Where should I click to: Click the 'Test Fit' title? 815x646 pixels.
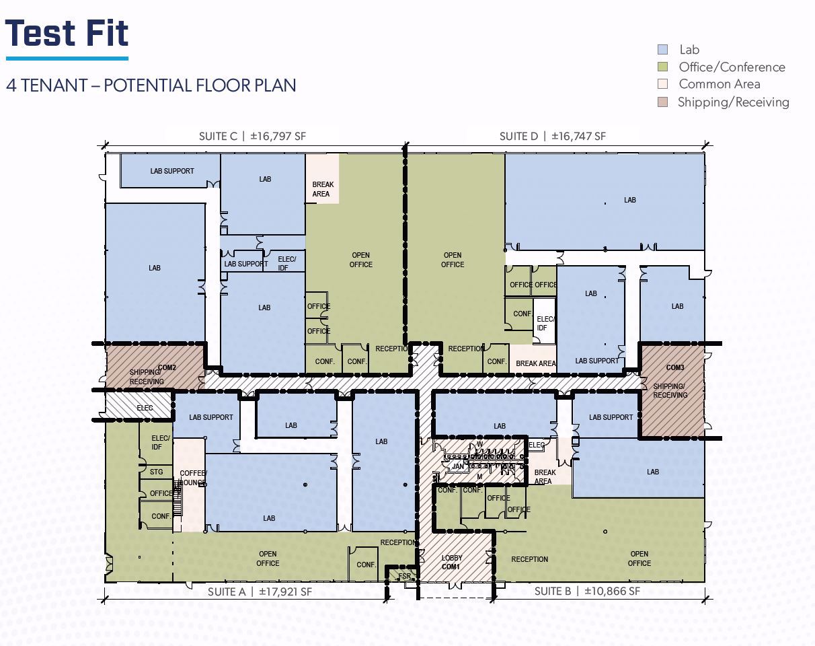(x=67, y=33)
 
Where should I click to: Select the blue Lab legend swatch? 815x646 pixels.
(x=662, y=50)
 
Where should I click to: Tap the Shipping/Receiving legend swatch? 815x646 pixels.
(x=662, y=102)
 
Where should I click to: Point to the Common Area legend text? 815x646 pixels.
(x=720, y=84)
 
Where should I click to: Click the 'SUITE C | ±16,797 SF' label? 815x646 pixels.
(x=252, y=136)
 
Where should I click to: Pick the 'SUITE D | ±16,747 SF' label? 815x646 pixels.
(x=553, y=136)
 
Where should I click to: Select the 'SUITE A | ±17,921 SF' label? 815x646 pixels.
(x=260, y=591)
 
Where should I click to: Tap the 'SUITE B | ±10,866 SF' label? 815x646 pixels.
(x=587, y=591)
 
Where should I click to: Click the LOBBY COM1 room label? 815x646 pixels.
(x=451, y=562)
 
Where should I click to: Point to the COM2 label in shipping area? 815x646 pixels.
(x=167, y=367)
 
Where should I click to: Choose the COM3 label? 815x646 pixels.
(x=675, y=367)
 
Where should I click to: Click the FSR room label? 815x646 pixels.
(x=404, y=576)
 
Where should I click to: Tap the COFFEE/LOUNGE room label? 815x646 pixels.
(x=193, y=478)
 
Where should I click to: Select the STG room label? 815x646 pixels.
(x=156, y=472)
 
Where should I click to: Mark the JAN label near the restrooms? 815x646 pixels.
(x=458, y=467)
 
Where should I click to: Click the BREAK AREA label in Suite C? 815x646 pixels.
(x=323, y=189)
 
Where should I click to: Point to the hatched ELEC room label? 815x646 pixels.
(x=145, y=408)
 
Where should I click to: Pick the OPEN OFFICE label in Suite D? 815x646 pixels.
(x=453, y=260)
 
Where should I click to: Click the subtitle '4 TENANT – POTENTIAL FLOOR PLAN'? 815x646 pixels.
(x=151, y=85)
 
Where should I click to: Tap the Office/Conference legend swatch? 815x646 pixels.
(x=662, y=67)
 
